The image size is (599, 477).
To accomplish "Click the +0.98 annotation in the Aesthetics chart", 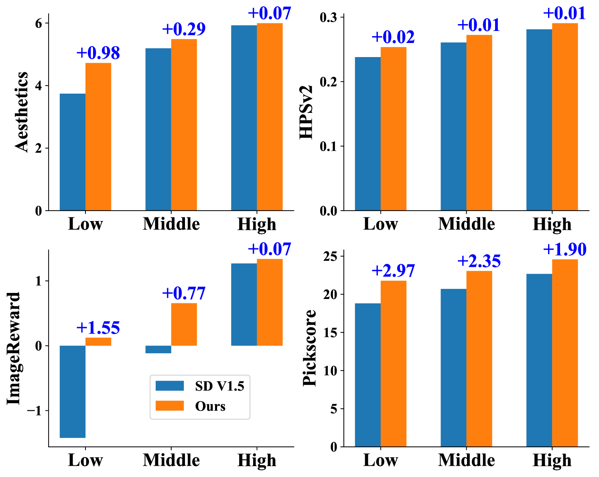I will pos(98,53).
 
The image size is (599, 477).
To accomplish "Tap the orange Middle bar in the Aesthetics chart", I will pos(184,125).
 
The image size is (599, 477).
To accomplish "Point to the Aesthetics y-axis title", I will pos(22,112).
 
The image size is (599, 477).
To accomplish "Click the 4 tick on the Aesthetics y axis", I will pos(39,86).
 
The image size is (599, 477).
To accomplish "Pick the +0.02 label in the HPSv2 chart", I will pos(393,37).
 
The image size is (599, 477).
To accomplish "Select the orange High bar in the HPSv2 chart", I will pos(565,117).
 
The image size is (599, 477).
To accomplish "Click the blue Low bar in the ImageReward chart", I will pos(73,391).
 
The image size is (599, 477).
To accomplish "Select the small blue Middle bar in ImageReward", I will pos(158,349).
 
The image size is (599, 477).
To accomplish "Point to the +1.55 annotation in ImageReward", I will pos(98,328).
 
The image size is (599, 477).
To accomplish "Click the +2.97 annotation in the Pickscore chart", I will pos(393,271).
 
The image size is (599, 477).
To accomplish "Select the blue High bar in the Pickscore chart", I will pos(539,360).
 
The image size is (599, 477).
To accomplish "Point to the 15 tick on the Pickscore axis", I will pos(331,332).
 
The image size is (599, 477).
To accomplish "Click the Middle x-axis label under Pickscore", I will pos(466,460).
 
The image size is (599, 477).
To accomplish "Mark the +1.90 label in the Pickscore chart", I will pos(565,250).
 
